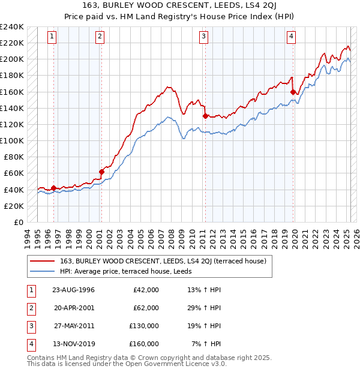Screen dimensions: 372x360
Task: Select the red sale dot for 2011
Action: (205, 116)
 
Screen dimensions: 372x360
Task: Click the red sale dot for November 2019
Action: (293, 92)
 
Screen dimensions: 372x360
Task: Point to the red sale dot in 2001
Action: (101, 172)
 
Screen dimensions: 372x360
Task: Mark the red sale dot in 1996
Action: (53, 188)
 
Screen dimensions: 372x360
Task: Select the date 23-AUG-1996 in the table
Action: (73, 290)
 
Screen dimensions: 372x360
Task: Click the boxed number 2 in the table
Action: (29, 308)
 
